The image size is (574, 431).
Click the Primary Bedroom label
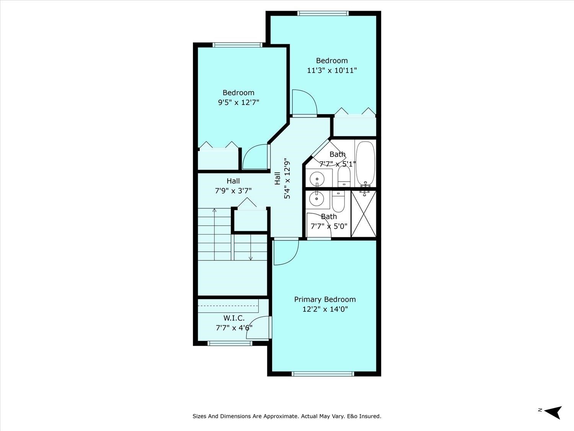coord(325,300)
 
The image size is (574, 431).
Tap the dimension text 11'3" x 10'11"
coord(332,70)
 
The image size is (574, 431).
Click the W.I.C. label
coord(234,318)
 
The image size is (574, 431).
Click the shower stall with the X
coord(364,214)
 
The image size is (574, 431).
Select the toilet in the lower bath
coord(338,202)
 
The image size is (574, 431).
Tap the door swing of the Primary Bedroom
coord(285,253)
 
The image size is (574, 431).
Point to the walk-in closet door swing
coord(258,328)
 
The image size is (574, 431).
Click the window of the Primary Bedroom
coord(323,374)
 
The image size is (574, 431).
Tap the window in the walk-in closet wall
coord(230,343)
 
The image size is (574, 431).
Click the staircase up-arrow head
coord(214,210)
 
